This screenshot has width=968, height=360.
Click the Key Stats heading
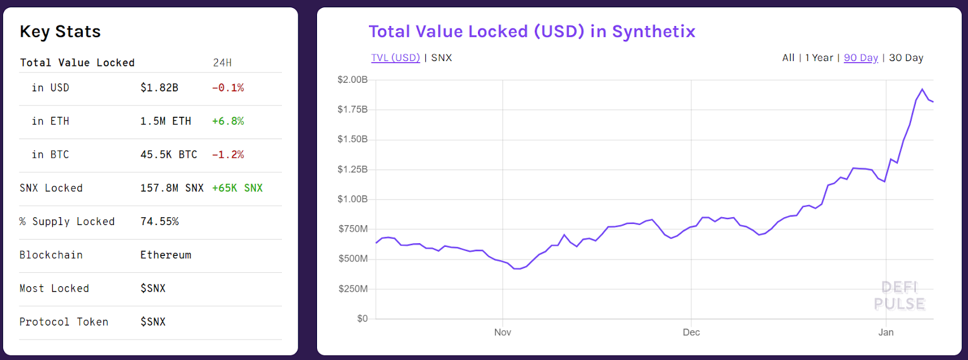point(60,31)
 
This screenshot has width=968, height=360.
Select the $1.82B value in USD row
point(159,88)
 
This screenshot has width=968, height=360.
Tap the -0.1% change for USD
point(228,88)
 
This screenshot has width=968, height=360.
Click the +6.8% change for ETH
point(228,121)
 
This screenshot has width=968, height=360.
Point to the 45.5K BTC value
point(169,154)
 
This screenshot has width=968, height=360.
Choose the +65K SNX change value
point(237,188)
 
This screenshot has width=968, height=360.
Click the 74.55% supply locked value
point(160,221)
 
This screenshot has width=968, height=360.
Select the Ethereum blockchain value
point(166,255)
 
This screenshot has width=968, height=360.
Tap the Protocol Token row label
point(64,322)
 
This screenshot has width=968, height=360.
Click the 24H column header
point(222,63)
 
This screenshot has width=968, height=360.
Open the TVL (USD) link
point(395,57)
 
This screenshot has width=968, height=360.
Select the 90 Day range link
point(861,57)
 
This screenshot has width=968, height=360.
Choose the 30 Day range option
point(906,57)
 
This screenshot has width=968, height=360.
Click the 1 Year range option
point(819,57)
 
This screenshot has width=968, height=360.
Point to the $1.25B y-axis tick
point(352,169)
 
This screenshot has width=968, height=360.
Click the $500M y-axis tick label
point(353,259)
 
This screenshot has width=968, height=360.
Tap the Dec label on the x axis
point(691,332)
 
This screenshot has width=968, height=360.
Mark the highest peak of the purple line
point(922,90)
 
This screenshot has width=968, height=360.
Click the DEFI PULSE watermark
point(899,295)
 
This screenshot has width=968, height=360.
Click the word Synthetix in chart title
point(653,31)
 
